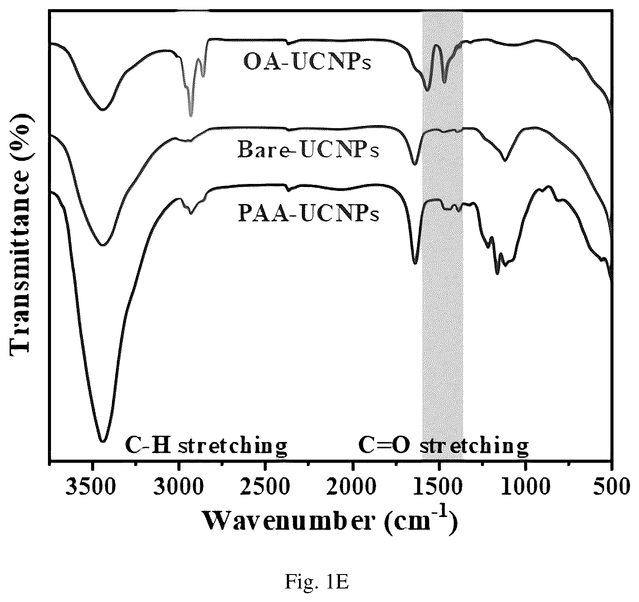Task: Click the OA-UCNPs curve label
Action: tap(307, 62)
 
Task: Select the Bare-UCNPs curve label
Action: tap(308, 150)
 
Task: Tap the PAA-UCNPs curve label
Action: tap(309, 213)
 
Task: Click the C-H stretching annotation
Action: tap(206, 447)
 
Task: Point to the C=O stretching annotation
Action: tap(443, 447)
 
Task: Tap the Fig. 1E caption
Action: tap(316, 582)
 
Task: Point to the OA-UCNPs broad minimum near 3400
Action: tap(102, 109)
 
